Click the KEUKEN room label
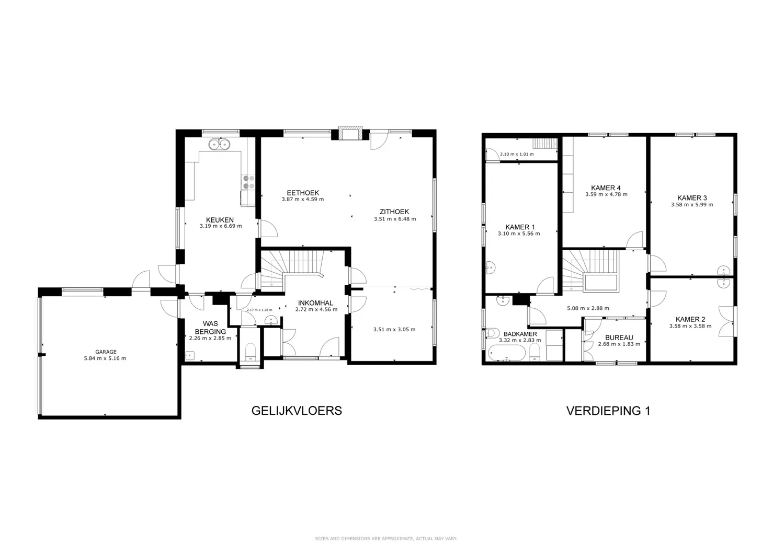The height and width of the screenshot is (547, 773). tap(220, 220)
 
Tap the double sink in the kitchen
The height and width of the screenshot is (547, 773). tap(219, 144)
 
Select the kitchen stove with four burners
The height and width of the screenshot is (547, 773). tap(248, 182)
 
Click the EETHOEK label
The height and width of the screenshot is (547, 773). tap(302, 193)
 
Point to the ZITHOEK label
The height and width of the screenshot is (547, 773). tap(394, 212)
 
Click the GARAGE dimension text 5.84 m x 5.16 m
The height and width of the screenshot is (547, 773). tap(105, 358)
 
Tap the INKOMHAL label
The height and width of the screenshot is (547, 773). tap(315, 303)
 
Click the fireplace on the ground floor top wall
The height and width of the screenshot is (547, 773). tap(350, 133)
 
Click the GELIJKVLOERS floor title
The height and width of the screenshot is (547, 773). tap(297, 411)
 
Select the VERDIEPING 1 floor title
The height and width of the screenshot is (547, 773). tap(608, 411)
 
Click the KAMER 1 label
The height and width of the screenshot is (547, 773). tap(520, 227)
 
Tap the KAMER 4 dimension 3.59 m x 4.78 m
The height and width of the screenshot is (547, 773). tap(606, 194)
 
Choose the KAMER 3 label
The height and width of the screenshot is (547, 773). tap(692, 197)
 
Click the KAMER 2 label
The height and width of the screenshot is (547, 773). tap(690, 319)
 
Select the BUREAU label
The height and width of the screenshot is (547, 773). tap(619, 337)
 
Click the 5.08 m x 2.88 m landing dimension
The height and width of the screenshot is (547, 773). tap(588, 308)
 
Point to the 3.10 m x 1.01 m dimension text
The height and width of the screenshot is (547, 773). tap(517, 154)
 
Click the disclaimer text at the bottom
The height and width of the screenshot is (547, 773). tap(386, 538)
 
